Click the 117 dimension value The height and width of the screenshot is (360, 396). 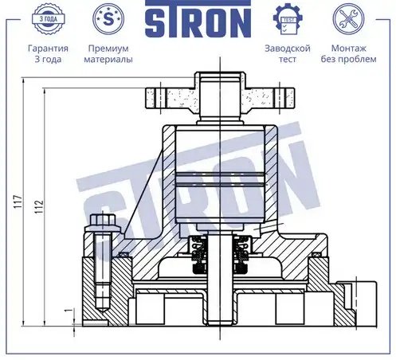point(18,202)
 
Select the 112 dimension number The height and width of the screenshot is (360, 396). point(39,206)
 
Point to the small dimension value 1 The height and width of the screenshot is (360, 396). point(69,310)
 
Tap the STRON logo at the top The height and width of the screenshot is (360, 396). point(198,18)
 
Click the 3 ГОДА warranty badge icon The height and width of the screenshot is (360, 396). point(48,19)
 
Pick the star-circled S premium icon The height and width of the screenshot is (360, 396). point(108,19)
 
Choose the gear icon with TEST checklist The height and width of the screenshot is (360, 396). point(288,19)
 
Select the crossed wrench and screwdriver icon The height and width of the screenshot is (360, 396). point(348,19)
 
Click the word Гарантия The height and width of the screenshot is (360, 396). point(48,49)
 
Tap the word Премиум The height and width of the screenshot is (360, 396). point(108,49)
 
